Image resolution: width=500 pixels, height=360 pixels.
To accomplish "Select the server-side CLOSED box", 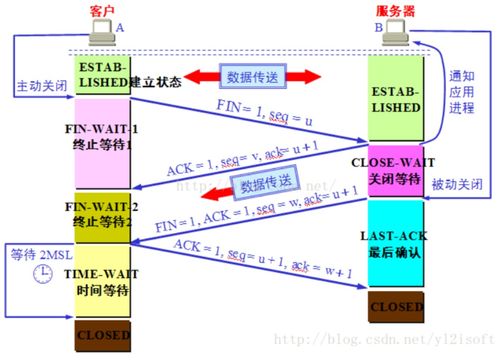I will pos(395,305).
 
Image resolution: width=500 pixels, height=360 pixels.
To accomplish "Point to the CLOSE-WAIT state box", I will pos(395,166).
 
